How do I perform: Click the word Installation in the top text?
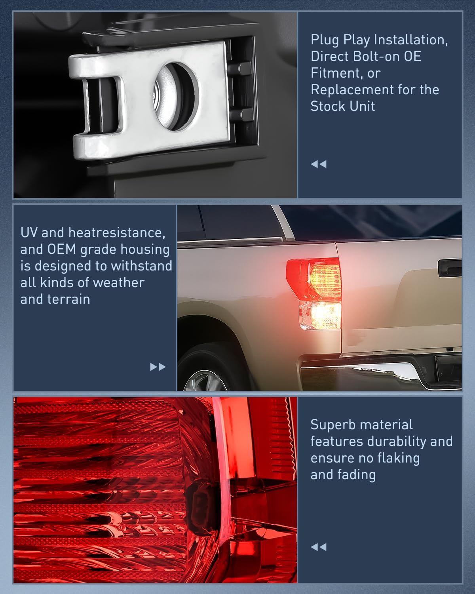pyautogui.click(x=411, y=40)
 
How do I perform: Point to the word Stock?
pyautogui.click(x=327, y=107)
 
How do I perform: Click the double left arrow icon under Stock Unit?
pyautogui.click(x=319, y=164)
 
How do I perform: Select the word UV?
pyautogui.click(x=29, y=232)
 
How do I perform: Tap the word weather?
pyautogui.click(x=118, y=283)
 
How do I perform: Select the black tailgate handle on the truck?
pyautogui.click(x=450, y=268)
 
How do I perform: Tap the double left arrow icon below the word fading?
pyautogui.click(x=319, y=547)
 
